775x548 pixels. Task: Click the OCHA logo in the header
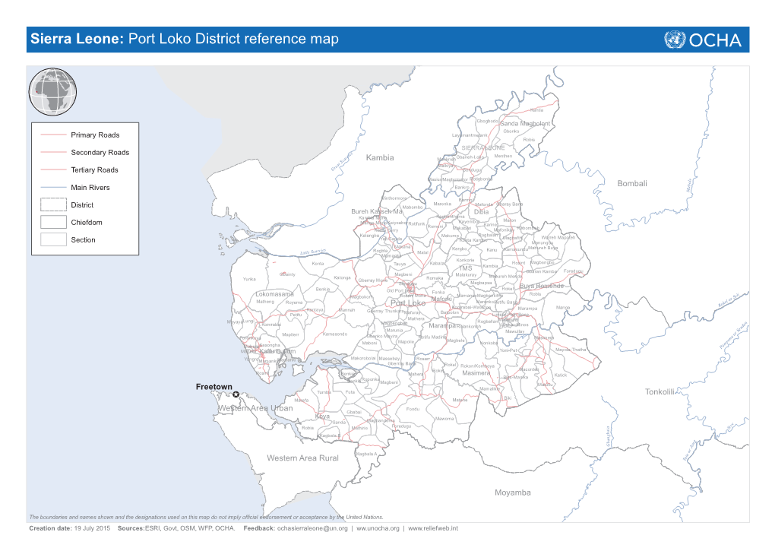click(703, 40)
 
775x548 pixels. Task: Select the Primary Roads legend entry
click(95, 135)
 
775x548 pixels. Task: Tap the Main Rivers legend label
click(90, 188)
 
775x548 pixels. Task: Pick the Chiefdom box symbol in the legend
click(53, 222)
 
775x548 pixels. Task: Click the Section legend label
click(84, 240)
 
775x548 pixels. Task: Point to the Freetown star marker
click(236, 394)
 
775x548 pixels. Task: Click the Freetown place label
click(214, 387)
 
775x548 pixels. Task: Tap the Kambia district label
click(380, 157)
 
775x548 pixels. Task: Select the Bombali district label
click(632, 184)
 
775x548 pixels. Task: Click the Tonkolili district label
click(660, 391)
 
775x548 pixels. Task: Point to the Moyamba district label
click(514, 493)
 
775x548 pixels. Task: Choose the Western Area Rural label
click(302, 458)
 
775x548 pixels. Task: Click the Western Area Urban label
click(255, 409)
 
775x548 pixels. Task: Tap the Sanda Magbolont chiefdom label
click(525, 123)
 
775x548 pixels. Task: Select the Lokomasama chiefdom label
click(275, 294)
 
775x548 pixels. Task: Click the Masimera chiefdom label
click(476, 373)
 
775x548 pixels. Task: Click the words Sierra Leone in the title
click(76, 40)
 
